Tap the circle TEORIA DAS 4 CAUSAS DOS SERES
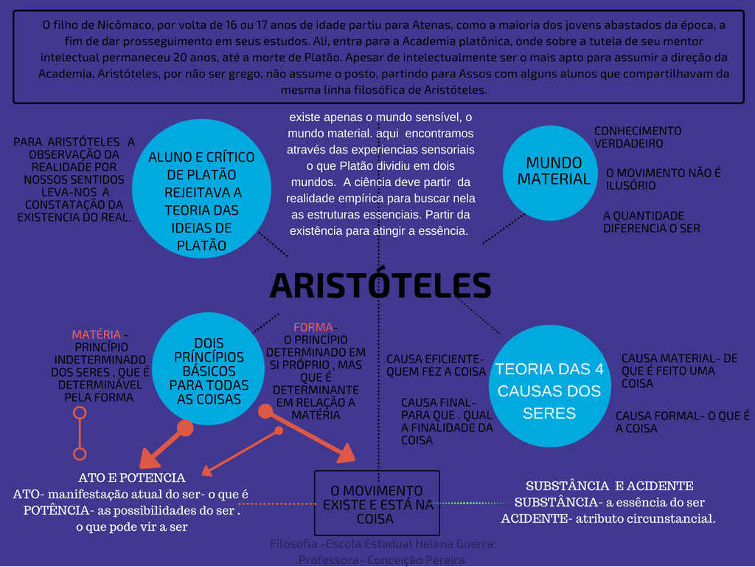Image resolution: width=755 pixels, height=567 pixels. pyautogui.click(x=549, y=391)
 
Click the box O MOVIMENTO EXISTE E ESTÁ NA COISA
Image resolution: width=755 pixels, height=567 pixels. pyautogui.click(x=377, y=504)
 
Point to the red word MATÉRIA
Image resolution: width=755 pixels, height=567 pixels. pyautogui.click(x=96, y=334)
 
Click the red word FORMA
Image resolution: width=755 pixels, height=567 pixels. pyautogui.click(x=313, y=327)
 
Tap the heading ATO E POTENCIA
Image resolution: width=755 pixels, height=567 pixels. pyautogui.click(x=132, y=478)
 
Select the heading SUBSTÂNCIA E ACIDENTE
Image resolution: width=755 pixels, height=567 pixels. pyautogui.click(x=609, y=486)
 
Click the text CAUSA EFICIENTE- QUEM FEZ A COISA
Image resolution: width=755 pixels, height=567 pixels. pyautogui.click(x=436, y=365)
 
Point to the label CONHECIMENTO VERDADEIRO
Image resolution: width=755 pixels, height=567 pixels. pyautogui.click(x=638, y=137)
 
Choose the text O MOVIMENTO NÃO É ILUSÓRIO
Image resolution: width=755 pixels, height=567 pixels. pyautogui.click(x=663, y=179)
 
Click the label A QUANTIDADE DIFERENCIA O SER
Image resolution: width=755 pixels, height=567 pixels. pyautogui.click(x=651, y=222)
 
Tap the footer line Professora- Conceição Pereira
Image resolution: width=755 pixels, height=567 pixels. pyautogui.click(x=381, y=560)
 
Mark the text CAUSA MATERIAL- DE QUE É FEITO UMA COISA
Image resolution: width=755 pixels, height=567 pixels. pyautogui.click(x=678, y=371)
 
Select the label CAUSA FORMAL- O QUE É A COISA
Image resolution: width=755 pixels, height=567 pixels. pyautogui.click(x=682, y=422)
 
